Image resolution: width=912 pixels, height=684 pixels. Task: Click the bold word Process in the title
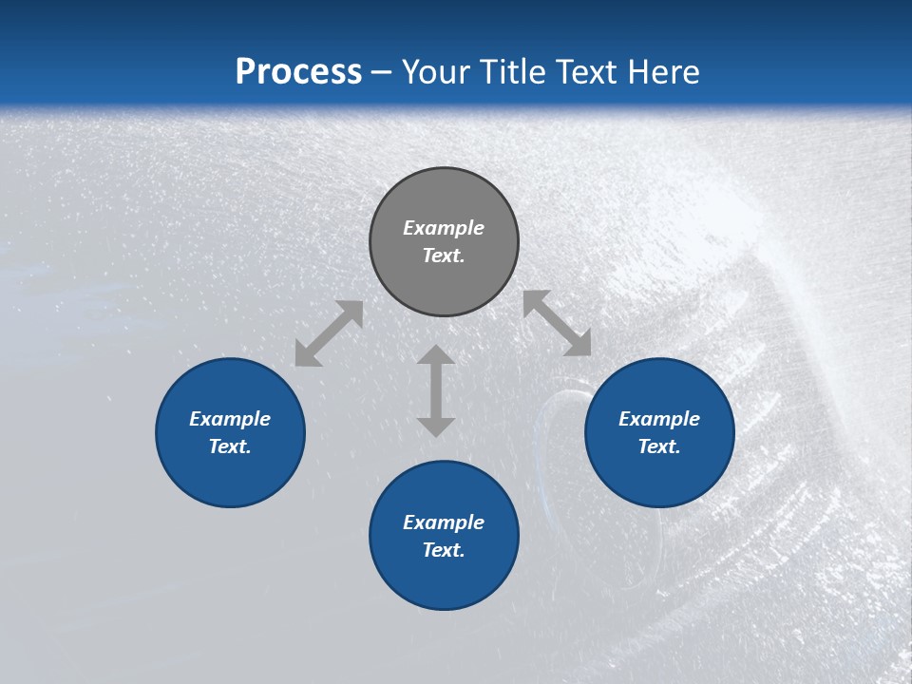pos(298,72)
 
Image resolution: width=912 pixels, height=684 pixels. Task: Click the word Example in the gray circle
pos(444,228)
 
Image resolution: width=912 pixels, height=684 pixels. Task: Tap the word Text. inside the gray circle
pos(444,256)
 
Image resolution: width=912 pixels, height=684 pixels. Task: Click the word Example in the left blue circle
pos(230,419)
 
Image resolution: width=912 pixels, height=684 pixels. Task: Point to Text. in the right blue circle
pos(659,446)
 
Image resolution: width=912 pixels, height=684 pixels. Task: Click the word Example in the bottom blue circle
pos(444,522)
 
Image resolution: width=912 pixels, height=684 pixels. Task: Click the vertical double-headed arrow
pos(436,390)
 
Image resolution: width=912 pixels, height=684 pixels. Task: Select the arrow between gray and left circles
pos(329,333)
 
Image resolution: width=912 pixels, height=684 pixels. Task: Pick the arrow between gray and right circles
pos(557,323)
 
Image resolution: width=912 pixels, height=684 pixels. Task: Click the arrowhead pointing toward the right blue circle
pos(579,344)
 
